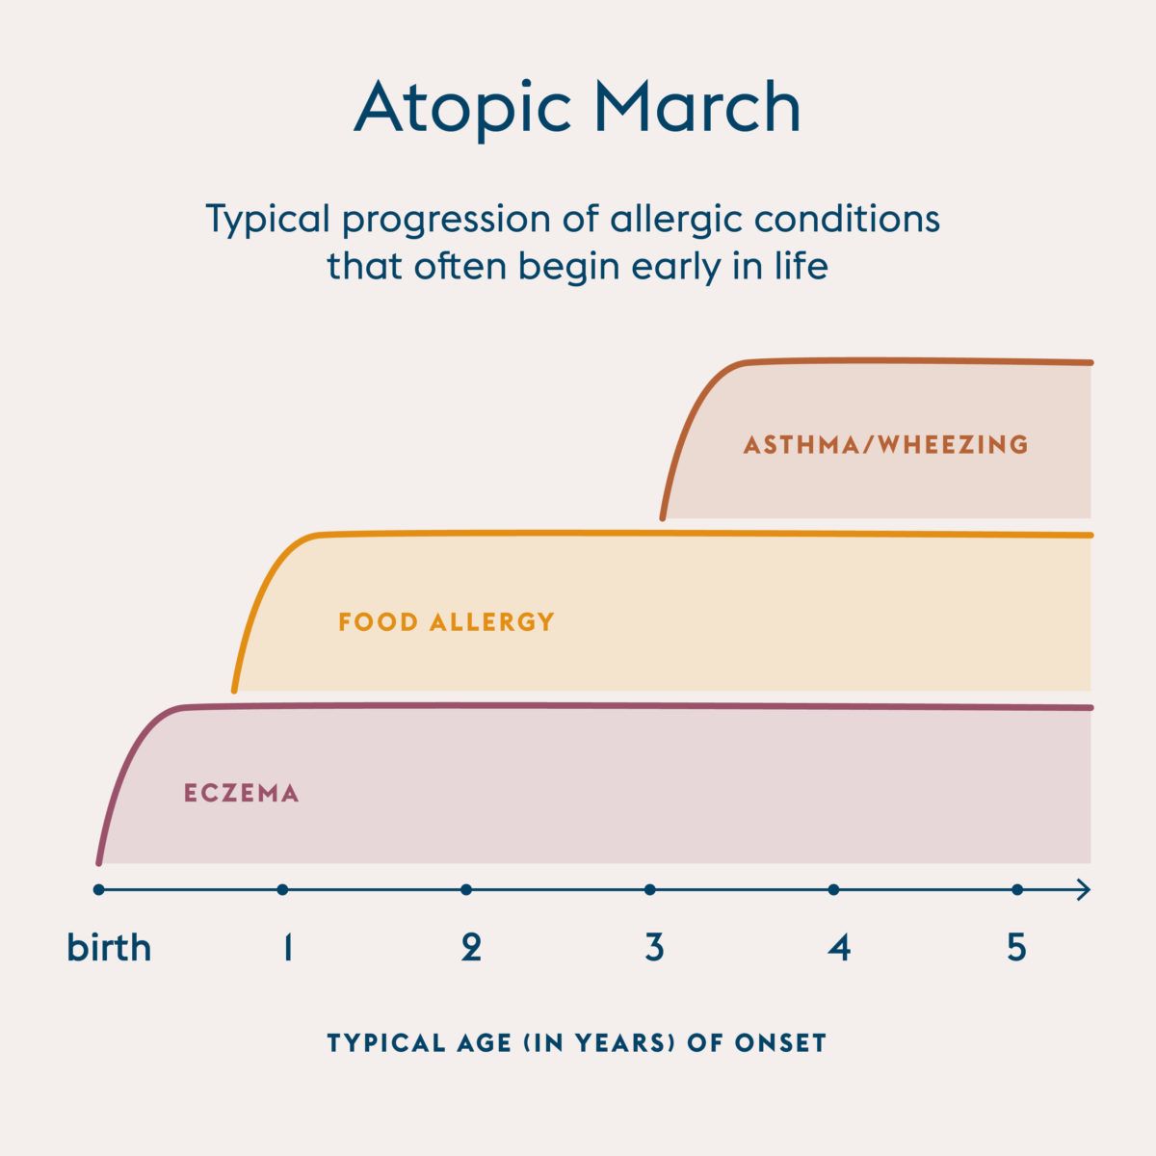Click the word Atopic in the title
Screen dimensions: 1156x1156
pyautogui.click(x=461, y=109)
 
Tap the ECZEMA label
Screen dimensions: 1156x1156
pyautogui.click(x=242, y=794)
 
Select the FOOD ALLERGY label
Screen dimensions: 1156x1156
pyautogui.click(x=447, y=621)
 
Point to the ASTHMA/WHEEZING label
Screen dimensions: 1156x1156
pyautogui.click(x=886, y=445)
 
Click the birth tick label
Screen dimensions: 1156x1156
pyautogui.click(x=109, y=948)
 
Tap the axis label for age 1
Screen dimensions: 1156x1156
pyautogui.click(x=286, y=949)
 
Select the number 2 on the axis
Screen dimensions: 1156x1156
pyautogui.click(x=470, y=949)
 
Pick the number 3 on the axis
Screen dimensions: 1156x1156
pyautogui.click(x=654, y=949)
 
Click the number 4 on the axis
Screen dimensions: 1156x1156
pyautogui.click(x=839, y=949)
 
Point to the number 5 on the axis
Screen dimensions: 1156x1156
pyautogui.click(x=1017, y=949)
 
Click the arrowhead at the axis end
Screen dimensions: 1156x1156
pyautogui.click(x=1084, y=890)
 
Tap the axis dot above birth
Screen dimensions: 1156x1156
pyautogui.click(x=98, y=890)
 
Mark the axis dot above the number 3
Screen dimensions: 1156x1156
pyautogui.click(x=650, y=890)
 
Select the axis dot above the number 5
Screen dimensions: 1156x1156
pyautogui.click(x=1017, y=890)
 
